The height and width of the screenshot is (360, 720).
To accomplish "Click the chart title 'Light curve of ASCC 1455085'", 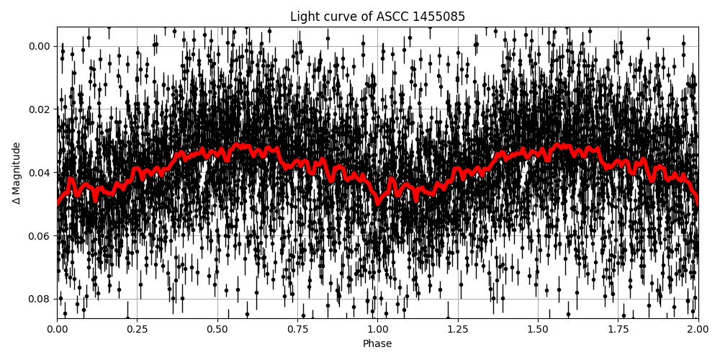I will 377,17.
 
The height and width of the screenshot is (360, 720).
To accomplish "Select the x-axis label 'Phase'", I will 377,343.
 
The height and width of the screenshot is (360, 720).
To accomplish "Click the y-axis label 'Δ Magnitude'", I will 17,173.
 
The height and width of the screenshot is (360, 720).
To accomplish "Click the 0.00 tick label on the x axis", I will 57,329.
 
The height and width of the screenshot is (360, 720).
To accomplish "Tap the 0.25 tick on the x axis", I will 137,329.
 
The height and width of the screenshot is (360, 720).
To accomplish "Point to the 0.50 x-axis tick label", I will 217,329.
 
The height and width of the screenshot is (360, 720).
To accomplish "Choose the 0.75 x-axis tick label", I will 297,329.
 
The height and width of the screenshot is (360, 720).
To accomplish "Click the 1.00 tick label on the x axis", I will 377,329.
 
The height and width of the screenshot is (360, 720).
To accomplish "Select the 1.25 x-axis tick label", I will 458,329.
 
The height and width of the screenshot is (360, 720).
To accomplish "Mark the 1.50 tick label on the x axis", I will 538,329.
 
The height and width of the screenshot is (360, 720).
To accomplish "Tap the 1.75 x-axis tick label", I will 618,329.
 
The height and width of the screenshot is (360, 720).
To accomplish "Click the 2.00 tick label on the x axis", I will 698,329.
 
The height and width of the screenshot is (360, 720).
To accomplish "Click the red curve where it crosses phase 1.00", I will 377,202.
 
